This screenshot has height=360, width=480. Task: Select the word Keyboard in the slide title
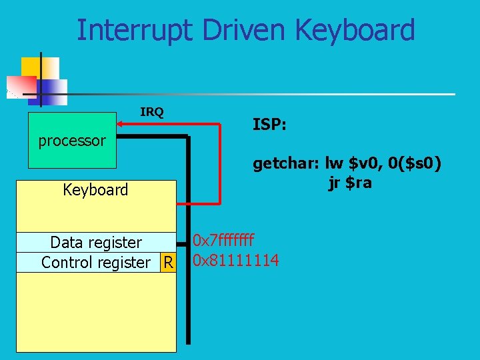click(354, 30)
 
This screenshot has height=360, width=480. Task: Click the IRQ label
click(152, 111)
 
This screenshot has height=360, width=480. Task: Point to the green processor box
click(72, 141)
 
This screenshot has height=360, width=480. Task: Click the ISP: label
click(269, 124)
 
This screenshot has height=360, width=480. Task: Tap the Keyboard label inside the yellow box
click(95, 190)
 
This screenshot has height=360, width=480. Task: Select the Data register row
click(96, 242)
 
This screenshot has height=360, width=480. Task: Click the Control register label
click(96, 262)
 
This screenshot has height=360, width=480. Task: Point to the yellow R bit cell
click(168, 262)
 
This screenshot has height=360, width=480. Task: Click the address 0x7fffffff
click(223, 241)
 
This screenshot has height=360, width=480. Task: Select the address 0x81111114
click(236, 259)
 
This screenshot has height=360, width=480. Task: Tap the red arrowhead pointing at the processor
click(123, 123)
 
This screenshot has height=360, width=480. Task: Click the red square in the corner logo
click(21, 86)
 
